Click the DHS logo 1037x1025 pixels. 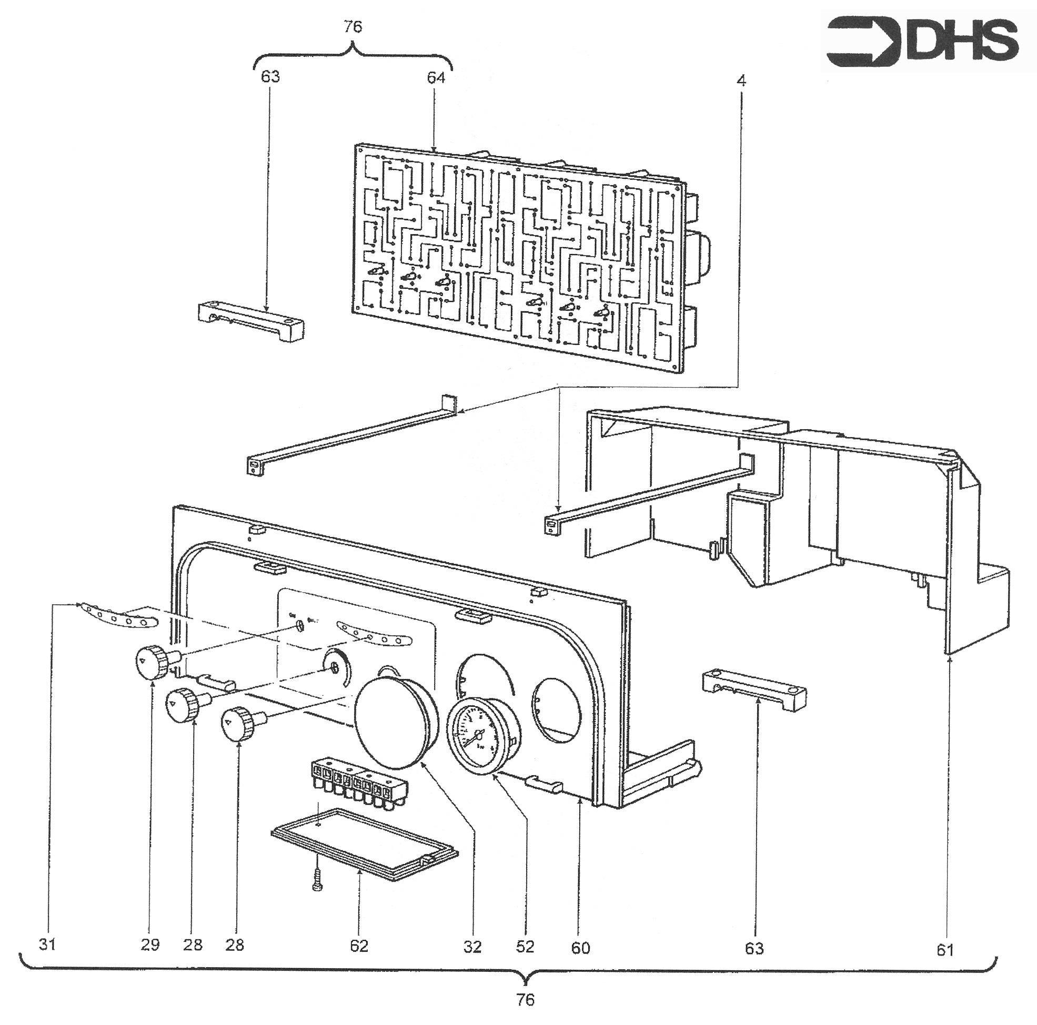coord(922,42)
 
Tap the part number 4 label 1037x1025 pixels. coord(741,80)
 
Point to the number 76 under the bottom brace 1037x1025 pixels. coord(526,999)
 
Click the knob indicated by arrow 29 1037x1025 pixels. coord(152,662)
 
